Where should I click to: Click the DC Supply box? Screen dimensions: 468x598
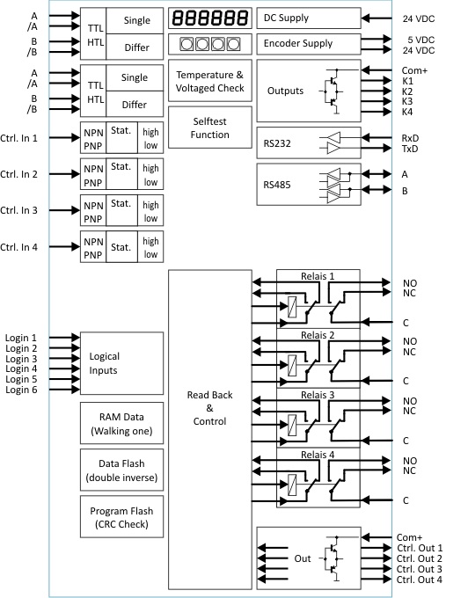(309, 18)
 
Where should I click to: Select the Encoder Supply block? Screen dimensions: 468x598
(309, 44)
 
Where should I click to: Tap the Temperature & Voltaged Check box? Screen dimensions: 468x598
(209, 81)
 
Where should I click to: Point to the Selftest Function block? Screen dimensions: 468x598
(209, 128)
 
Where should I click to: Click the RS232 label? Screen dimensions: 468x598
(277, 143)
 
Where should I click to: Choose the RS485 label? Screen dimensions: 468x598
(277, 185)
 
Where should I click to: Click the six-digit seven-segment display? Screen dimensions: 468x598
(209, 18)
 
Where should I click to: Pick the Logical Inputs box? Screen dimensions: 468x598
(121, 363)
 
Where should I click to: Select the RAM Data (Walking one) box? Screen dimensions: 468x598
(121, 423)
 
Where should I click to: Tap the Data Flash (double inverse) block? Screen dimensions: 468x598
(121, 470)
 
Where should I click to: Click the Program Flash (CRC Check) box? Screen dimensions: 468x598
(121, 517)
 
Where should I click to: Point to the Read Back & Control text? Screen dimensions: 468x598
(209, 408)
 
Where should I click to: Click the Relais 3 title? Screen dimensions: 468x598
(318, 395)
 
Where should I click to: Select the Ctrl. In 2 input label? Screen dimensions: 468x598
(18, 174)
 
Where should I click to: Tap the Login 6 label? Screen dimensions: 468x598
(21, 390)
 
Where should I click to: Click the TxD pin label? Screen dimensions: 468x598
(410, 149)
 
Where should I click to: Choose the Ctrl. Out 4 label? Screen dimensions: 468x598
(420, 580)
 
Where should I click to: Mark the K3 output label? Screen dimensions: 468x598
(407, 101)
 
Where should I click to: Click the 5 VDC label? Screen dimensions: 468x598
(421, 40)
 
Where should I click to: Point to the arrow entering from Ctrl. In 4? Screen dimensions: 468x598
(64, 247)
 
